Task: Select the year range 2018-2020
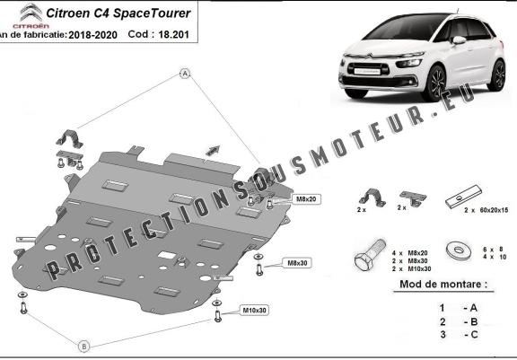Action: (92, 33)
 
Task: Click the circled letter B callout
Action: (83, 345)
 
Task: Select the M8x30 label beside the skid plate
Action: (297, 263)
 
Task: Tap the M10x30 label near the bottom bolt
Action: (253, 311)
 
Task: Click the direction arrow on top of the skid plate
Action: (213, 147)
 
